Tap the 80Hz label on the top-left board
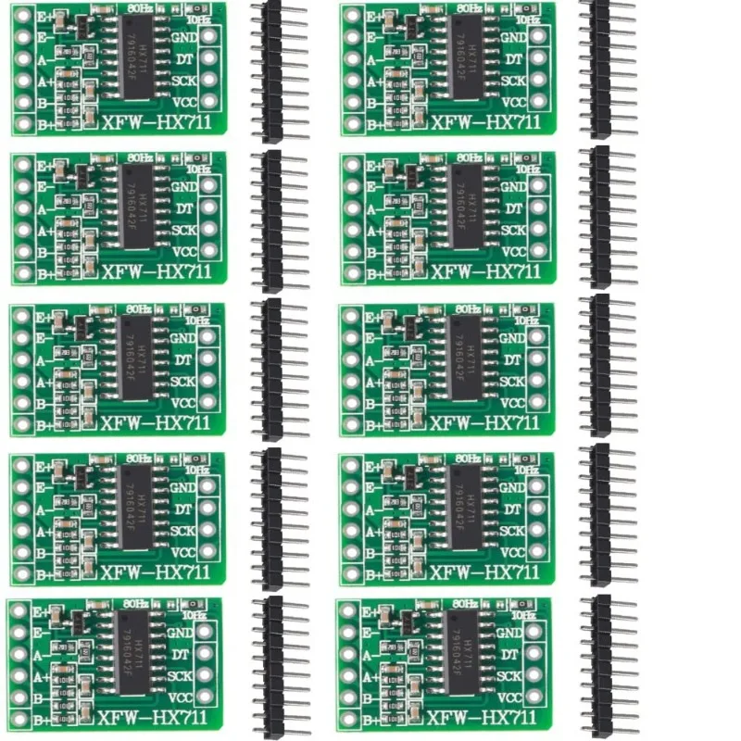[x=140, y=7]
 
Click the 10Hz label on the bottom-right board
[x=523, y=614]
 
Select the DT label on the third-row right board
[x=512, y=358]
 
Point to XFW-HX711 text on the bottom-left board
[x=156, y=719]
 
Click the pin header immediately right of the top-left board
[x=272, y=69]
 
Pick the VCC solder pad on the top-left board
[x=208, y=101]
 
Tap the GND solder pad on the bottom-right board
[x=535, y=633]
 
